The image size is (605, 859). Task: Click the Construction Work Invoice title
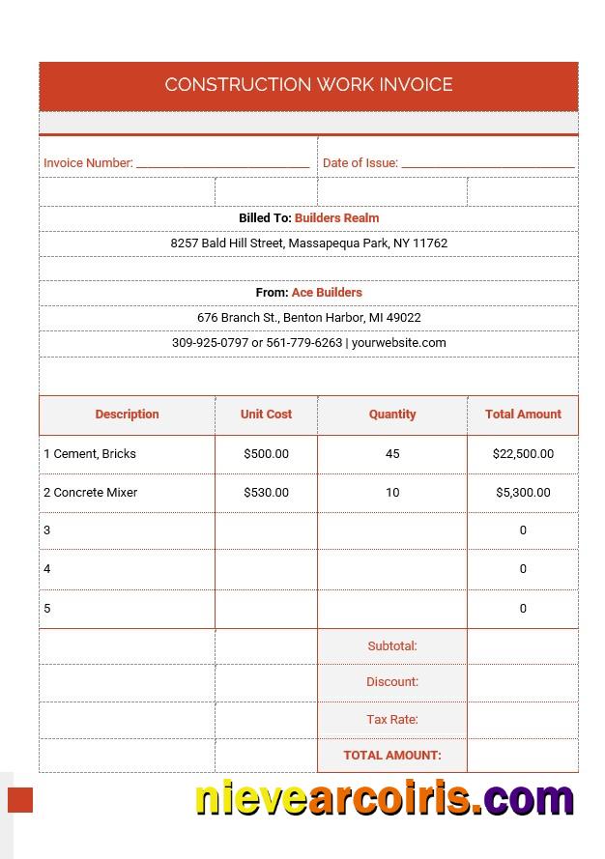point(308,85)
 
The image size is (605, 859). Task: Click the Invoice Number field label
point(88,163)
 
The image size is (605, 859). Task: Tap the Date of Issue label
point(360,163)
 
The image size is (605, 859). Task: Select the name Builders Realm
point(336,218)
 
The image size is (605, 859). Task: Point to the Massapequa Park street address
point(308,243)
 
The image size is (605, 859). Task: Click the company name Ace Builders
point(327,293)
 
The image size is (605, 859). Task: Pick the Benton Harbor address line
point(308,318)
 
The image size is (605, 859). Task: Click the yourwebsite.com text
point(398,343)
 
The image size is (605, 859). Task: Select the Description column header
point(127,415)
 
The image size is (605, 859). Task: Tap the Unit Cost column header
point(266,415)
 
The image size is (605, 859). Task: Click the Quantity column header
point(391,415)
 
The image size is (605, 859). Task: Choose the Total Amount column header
point(523,415)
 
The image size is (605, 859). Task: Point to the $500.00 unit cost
point(266,454)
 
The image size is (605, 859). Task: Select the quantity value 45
point(391,454)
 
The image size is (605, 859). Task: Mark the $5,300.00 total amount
point(523,493)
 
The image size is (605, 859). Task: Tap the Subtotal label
point(391,646)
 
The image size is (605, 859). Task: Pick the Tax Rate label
point(391,720)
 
